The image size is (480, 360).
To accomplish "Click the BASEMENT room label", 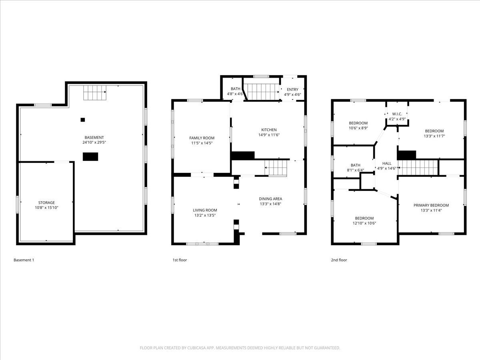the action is click(94, 138).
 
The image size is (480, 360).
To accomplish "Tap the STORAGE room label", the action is click(46, 203).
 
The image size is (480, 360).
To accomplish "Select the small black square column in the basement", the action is click(83, 120).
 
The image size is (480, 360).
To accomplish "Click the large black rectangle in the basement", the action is click(90, 157).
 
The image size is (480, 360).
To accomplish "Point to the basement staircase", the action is click(95, 93).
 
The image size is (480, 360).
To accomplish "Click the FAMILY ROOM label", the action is click(202, 138).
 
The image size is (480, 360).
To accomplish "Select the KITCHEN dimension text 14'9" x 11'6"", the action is click(269, 135).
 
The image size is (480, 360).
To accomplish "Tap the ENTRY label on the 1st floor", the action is click(292, 89).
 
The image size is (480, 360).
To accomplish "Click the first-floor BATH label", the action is click(236, 89).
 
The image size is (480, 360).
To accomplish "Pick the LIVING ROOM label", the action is click(205, 210).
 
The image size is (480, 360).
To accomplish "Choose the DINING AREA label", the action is click(270, 199).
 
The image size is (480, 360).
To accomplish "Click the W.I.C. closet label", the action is click(397, 114).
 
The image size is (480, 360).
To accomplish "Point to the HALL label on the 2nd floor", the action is click(387, 164).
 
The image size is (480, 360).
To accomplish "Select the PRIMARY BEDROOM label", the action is click(431, 205).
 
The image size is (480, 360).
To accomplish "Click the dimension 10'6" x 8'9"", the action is click(358, 128).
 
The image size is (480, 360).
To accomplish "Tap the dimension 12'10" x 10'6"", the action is click(364, 223).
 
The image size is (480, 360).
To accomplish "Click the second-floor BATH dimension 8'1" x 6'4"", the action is click(356, 170).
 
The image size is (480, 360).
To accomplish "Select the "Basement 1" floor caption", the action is click(24, 260).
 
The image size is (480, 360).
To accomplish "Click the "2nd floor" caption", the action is click(339, 260).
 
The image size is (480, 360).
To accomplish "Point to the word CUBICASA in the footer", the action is click(196, 348).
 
